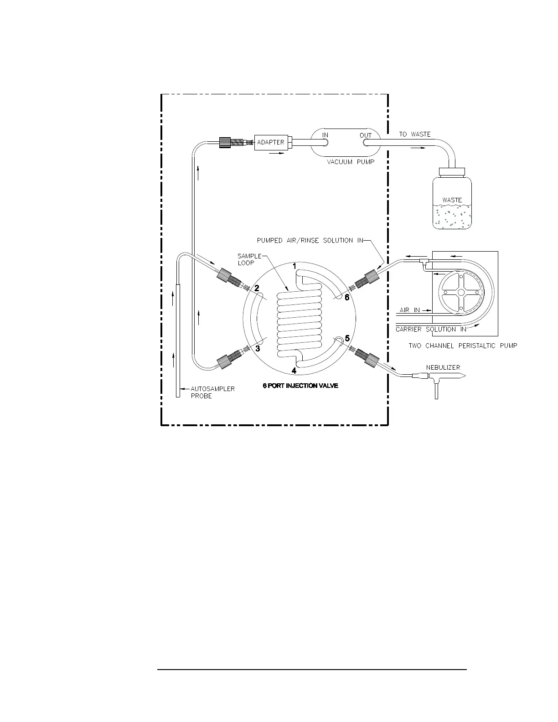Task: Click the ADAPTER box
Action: (271, 142)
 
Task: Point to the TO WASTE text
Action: (415, 134)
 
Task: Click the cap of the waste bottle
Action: (452, 172)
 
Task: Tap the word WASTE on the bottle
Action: (452, 200)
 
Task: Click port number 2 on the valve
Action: (257, 289)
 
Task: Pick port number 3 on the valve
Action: (258, 349)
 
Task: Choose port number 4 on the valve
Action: (294, 371)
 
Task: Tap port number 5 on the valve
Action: (347, 339)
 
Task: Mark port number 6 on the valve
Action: (347, 298)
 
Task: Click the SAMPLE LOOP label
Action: (249, 259)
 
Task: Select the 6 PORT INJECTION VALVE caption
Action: (300, 386)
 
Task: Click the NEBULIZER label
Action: (443, 367)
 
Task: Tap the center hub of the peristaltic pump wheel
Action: (461, 292)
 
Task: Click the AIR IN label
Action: (410, 310)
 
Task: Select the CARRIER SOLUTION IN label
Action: (431, 329)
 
